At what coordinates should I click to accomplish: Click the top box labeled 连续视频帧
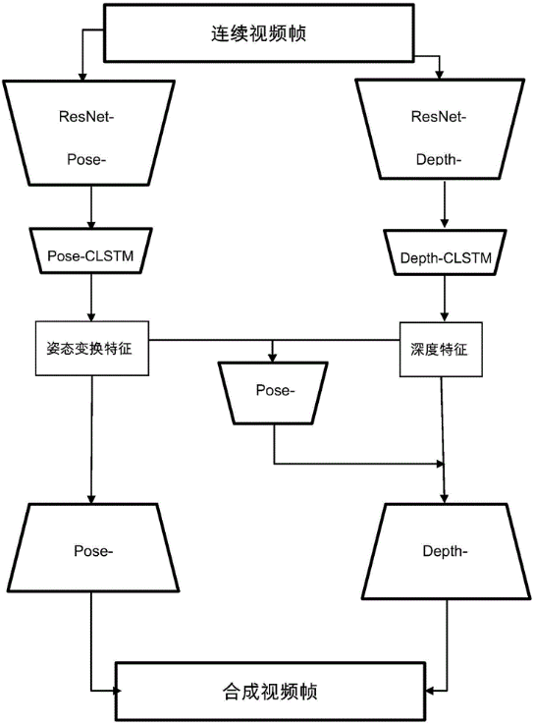[x=259, y=32]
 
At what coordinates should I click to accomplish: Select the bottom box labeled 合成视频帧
[x=270, y=692]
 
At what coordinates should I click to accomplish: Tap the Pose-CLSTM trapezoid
[x=91, y=251]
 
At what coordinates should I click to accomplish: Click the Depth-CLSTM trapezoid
[x=445, y=252]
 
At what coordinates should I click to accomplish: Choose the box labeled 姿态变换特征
[x=92, y=348]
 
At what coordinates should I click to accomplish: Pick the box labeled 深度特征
[x=441, y=349]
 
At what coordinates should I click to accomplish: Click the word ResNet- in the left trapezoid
[x=86, y=117]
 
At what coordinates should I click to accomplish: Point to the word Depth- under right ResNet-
[x=439, y=159]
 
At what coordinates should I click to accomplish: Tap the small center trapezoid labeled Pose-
[x=273, y=393]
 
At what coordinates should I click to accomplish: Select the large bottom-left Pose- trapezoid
[x=93, y=547]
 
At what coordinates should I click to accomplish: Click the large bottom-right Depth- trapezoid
[x=446, y=551]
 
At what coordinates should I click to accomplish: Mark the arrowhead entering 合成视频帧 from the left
[x=118, y=691]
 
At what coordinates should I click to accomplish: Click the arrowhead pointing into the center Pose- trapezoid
[x=273, y=358]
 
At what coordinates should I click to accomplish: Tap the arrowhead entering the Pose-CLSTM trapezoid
[x=91, y=223]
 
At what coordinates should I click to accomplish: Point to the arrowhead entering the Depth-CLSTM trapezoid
[x=445, y=223]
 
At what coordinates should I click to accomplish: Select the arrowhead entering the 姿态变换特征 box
[x=91, y=316]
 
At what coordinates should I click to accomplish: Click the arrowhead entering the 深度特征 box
[x=445, y=316]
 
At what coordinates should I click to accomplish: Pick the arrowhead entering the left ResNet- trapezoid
[x=82, y=77]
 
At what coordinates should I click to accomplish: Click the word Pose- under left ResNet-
[x=86, y=159]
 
